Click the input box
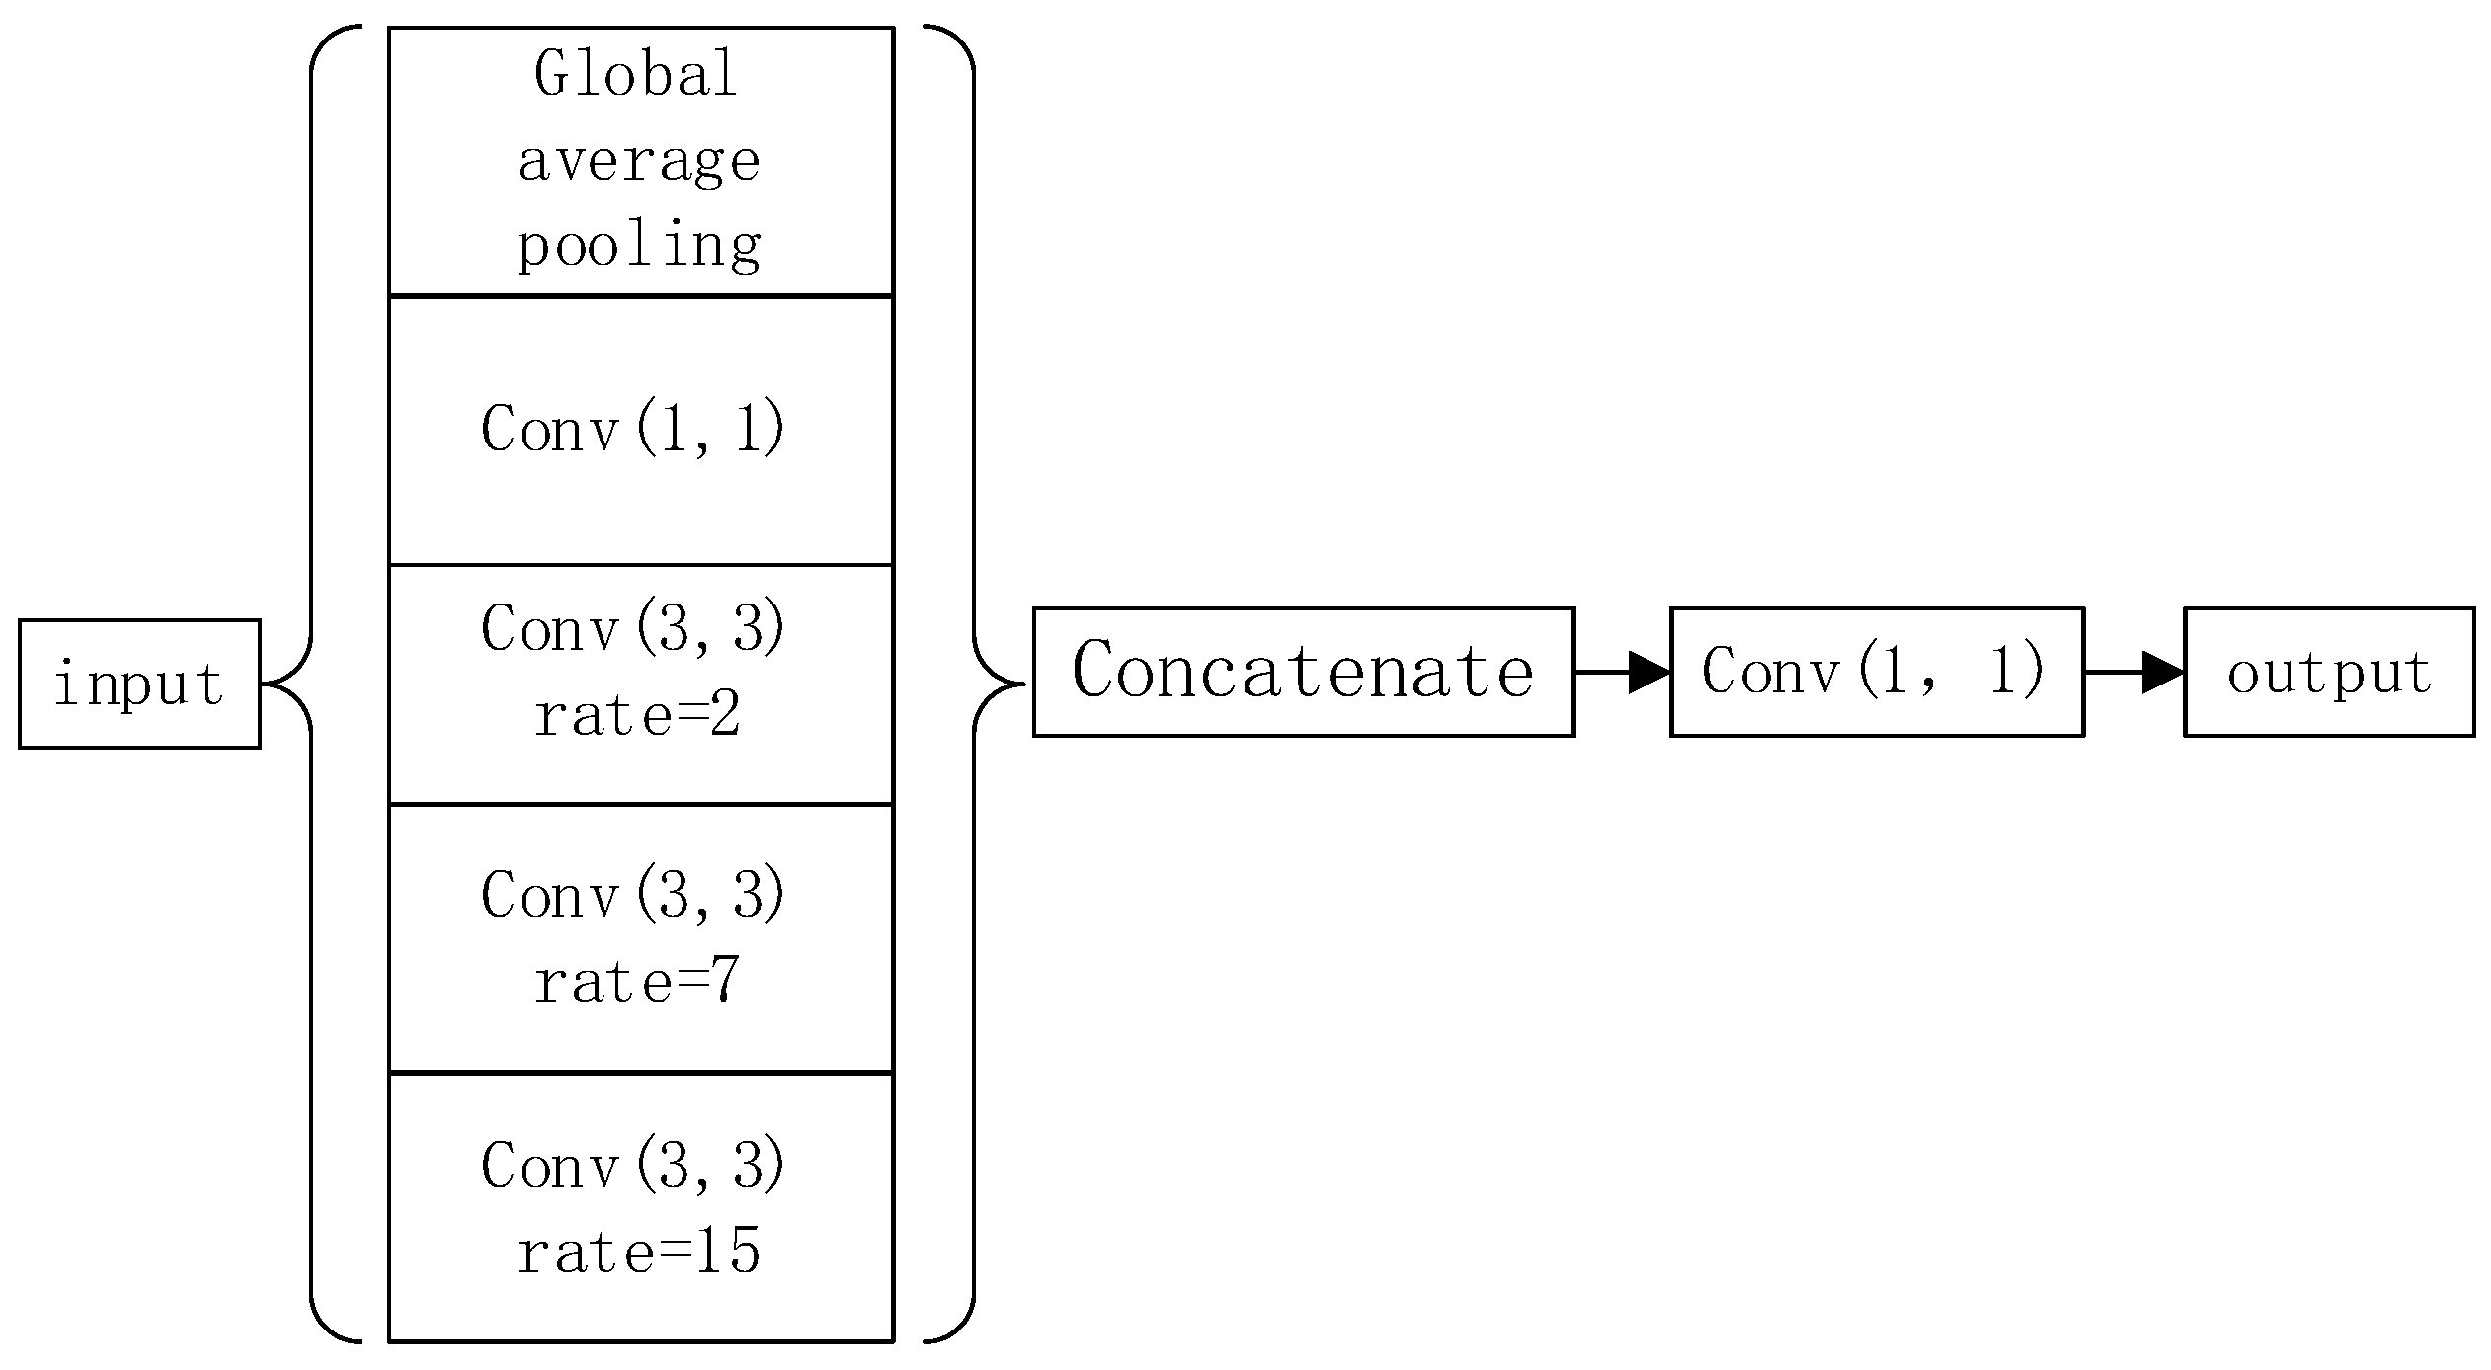point(139,684)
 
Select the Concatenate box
point(1303,672)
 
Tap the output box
point(2329,672)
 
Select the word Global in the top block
point(637,74)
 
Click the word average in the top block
point(639,161)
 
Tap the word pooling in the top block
point(639,244)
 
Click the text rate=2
point(637,715)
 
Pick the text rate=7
point(637,982)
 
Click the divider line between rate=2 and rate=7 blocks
point(641,805)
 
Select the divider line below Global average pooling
point(641,295)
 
